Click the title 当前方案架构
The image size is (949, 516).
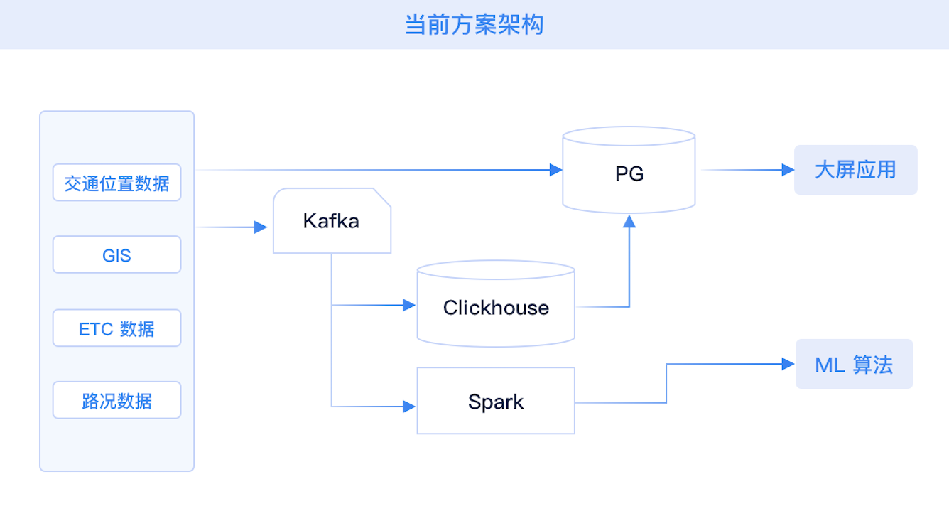(x=474, y=25)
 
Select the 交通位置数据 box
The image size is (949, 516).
(x=116, y=183)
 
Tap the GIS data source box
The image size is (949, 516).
(x=116, y=255)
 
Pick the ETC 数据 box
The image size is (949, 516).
(x=116, y=328)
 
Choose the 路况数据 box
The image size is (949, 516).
(x=116, y=401)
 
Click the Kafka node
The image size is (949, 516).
(x=332, y=221)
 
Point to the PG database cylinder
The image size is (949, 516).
(x=629, y=171)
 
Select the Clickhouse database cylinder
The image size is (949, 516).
(x=496, y=304)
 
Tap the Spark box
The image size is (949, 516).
(x=496, y=402)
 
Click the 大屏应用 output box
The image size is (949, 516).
(x=855, y=170)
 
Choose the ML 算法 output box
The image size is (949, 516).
(x=854, y=365)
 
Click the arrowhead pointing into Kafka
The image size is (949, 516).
(x=261, y=227)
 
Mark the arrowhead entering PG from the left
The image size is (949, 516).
(x=556, y=170)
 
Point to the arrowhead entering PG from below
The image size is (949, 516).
(x=629, y=220)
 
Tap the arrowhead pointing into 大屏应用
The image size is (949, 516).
(x=788, y=170)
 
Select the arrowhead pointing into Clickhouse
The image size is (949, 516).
(x=409, y=305)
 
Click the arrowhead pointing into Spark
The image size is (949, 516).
(x=409, y=407)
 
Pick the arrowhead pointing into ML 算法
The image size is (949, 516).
(x=788, y=364)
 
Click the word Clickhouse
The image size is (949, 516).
(x=496, y=308)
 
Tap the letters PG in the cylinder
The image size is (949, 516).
(x=629, y=173)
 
